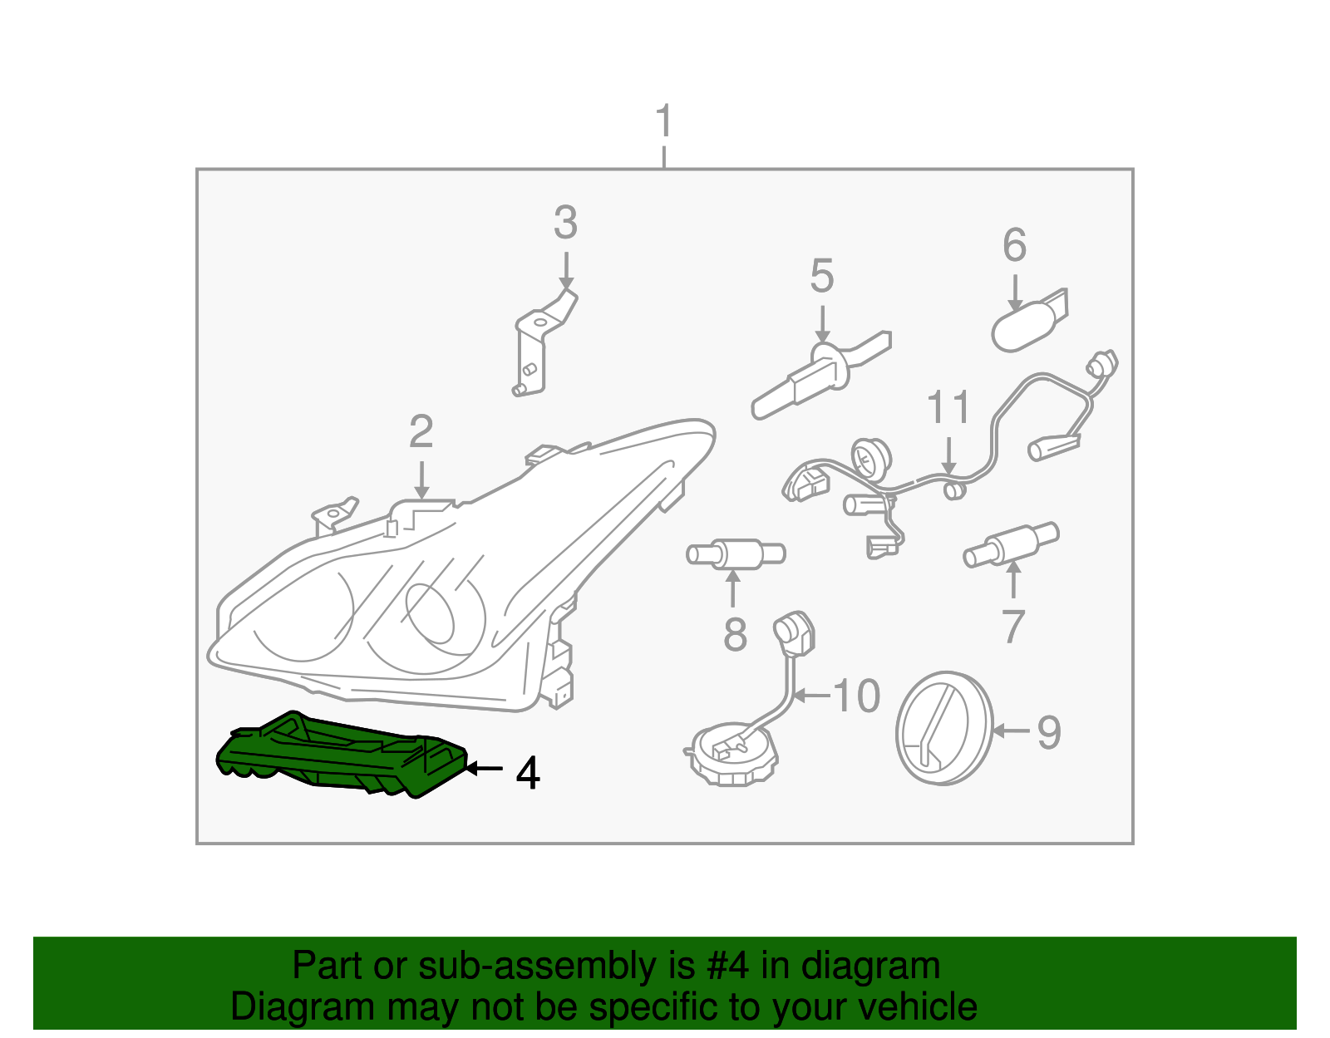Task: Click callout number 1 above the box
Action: (x=663, y=123)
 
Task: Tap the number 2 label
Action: (x=421, y=433)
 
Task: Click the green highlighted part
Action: (x=341, y=753)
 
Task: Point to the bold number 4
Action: (x=528, y=774)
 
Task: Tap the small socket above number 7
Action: (x=1010, y=544)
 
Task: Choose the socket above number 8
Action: (x=735, y=553)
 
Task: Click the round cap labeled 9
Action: (x=945, y=728)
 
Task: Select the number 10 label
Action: (x=856, y=696)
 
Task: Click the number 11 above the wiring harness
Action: (x=948, y=408)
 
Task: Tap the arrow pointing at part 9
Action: (x=1011, y=731)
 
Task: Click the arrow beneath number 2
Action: (x=421, y=481)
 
